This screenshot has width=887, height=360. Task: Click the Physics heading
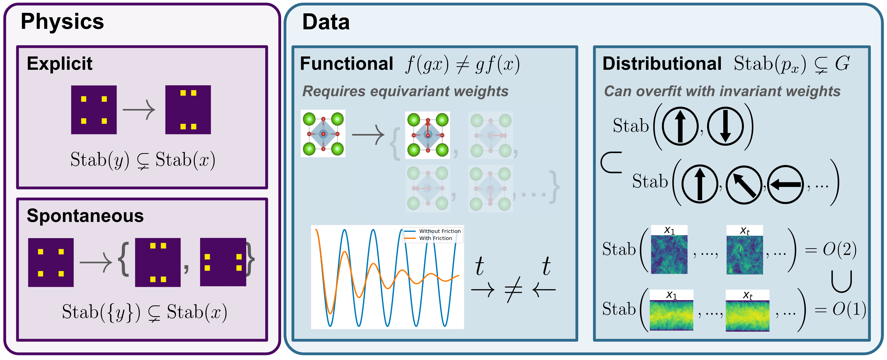pyautogui.click(x=62, y=21)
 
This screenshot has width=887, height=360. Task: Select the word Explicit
pyautogui.click(x=60, y=63)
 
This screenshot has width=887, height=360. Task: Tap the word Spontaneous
pyautogui.click(x=85, y=216)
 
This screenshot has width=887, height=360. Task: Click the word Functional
pyautogui.click(x=346, y=64)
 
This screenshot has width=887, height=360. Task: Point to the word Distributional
pyautogui.click(x=662, y=64)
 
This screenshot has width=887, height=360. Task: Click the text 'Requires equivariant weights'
pyautogui.click(x=405, y=91)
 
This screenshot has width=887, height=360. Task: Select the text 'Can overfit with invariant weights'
pyautogui.click(x=722, y=91)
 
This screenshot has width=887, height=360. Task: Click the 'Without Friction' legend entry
pyautogui.click(x=439, y=231)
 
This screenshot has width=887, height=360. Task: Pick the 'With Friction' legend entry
pyautogui.click(x=435, y=238)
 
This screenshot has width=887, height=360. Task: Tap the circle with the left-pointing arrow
pyautogui.click(x=785, y=185)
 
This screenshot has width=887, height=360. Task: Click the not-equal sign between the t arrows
pyautogui.click(x=513, y=289)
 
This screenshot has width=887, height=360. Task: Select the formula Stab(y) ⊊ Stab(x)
pyautogui.click(x=143, y=160)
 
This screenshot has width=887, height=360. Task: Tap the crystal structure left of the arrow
pyautogui.click(x=323, y=134)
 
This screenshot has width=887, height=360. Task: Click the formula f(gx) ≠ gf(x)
pyautogui.click(x=462, y=64)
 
